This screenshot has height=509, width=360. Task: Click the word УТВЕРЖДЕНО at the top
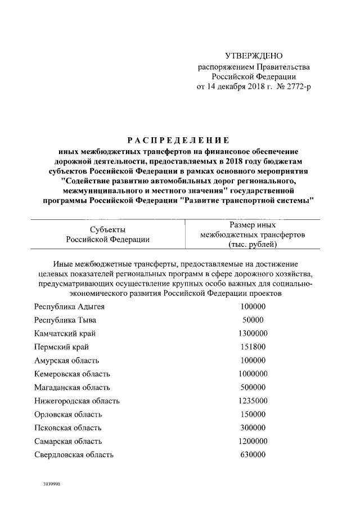pyautogui.click(x=253, y=56)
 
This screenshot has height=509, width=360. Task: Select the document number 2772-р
pyautogui.click(x=295, y=87)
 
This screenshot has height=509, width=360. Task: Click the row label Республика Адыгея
pyautogui.click(x=69, y=307)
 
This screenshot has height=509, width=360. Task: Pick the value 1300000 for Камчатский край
pyautogui.click(x=253, y=334)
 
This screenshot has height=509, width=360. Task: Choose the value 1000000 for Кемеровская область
pyautogui.click(x=253, y=374)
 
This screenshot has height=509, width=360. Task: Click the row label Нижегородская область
pyautogui.click(x=76, y=401)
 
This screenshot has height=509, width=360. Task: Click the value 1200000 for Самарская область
pyautogui.click(x=253, y=442)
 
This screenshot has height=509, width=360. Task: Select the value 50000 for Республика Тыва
pyautogui.click(x=253, y=320)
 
